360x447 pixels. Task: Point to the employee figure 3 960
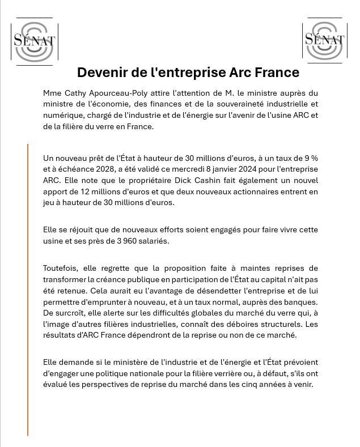pos(136,241)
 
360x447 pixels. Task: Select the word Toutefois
pos(61,268)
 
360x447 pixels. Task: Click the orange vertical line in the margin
pos(28,289)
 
